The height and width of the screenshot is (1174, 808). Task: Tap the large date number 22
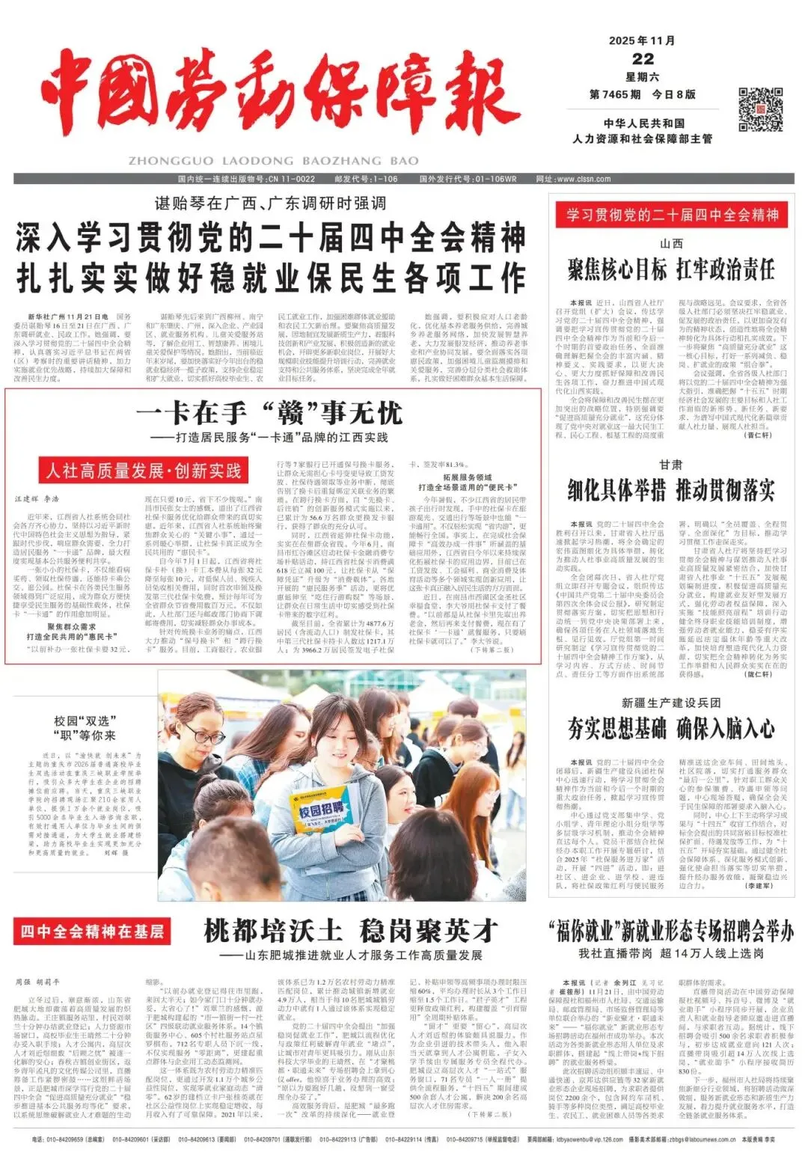pos(643,59)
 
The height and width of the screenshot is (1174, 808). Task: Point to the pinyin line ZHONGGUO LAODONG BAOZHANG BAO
pos(273,161)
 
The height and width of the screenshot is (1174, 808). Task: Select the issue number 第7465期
pos(615,94)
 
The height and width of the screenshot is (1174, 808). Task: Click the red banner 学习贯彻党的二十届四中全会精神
pos(672,215)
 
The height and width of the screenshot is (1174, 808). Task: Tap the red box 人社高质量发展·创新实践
pos(143,471)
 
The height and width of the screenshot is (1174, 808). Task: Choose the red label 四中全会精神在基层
pos(91,932)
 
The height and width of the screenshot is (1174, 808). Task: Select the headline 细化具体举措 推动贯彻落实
pos(671,491)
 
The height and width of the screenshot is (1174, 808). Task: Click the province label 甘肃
pos(671,465)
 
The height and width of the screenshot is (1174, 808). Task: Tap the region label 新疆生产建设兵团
pos(671,703)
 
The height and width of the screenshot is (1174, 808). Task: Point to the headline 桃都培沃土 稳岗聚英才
pos(351,931)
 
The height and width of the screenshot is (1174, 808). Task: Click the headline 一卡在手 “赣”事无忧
pos(269,412)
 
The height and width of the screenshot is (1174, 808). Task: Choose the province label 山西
pos(671,243)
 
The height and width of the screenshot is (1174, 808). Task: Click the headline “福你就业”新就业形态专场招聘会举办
pos(671,932)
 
